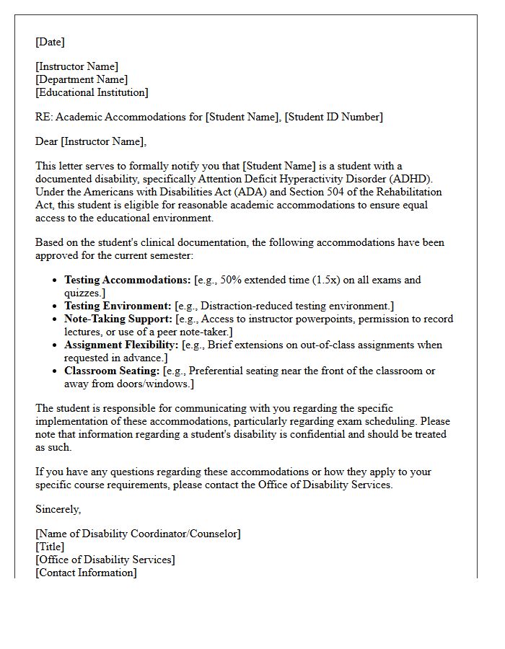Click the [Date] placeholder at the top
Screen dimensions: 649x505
point(50,43)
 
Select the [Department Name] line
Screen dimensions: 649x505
point(82,80)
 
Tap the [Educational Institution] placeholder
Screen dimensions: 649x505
point(92,93)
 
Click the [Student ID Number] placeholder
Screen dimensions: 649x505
point(333,117)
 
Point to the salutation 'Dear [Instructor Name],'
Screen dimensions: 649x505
point(91,141)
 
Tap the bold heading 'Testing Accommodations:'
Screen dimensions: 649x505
point(128,280)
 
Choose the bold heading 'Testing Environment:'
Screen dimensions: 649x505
point(118,306)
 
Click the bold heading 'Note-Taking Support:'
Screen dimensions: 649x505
point(118,319)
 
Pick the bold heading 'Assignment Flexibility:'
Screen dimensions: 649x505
point(122,345)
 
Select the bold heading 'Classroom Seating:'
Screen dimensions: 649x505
point(112,371)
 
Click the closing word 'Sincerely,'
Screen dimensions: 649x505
point(58,509)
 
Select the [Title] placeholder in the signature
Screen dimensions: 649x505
point(50,547)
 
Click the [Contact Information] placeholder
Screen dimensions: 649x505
point(86,573)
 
